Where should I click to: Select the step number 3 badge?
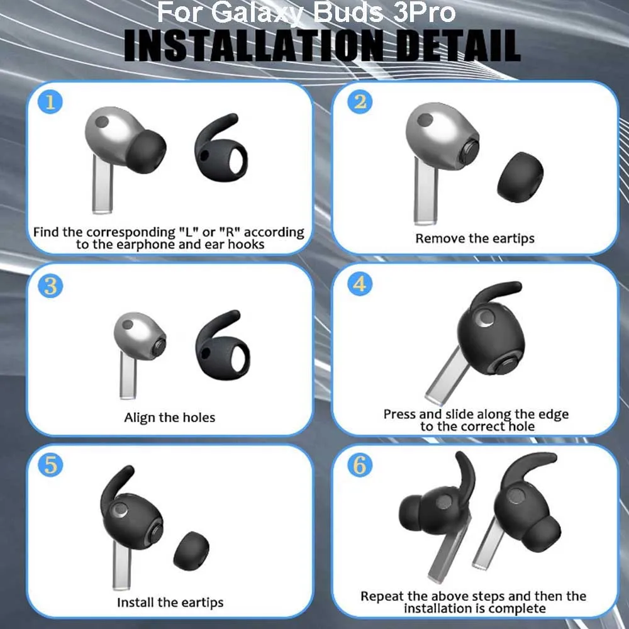50,286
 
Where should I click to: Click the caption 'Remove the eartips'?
475,238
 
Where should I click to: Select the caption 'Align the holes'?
169,418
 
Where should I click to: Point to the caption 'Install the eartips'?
170,602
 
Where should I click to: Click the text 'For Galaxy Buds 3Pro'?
306,12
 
